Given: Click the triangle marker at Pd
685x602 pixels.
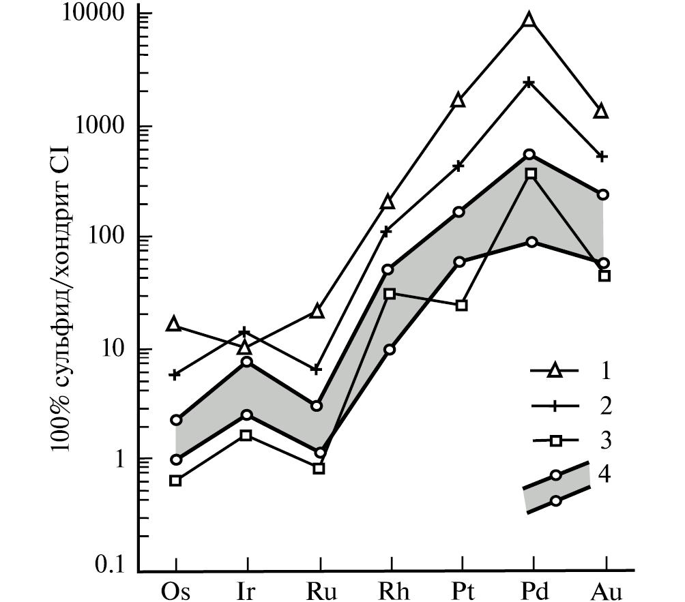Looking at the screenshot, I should tap(529, 20).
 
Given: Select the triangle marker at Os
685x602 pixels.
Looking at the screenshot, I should tap(175, 325).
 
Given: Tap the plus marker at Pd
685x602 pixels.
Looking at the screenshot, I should tap(529, 82).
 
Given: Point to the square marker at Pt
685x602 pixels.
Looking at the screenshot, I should tap(461, 305).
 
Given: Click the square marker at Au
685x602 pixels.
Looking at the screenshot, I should tap(604, 275).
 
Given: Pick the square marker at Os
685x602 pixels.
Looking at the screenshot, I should tap(175, 481).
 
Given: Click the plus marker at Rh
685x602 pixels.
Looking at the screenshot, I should tap(386, 232).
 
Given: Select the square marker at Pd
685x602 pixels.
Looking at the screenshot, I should tap(531, 174).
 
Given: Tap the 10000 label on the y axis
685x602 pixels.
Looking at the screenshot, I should tap(96, 15).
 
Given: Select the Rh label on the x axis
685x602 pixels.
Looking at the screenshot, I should tap(390, 588).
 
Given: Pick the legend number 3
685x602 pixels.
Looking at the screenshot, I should tap(604, 440).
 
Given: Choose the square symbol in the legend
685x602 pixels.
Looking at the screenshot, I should tap(555, 440).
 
